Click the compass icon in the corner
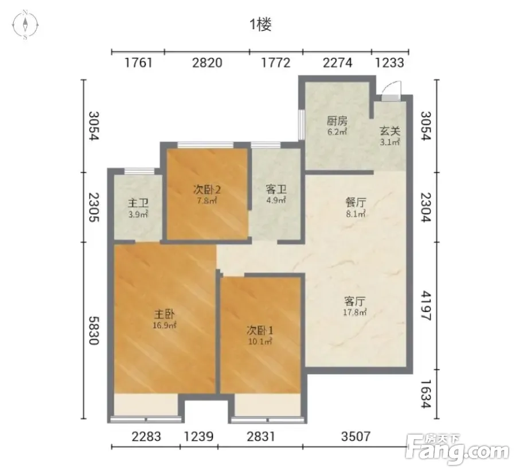tap(25, 25)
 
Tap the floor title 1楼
tap(260, 25)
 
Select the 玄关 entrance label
tap(390, 131)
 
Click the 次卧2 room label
tap(207, 190)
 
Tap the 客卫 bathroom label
tap(276, 189)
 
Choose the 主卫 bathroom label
tap(138, 203)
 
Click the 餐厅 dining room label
tap(356, 202)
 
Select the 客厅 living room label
tap(355, 301)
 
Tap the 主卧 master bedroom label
tap(165, 314)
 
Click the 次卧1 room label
tap(260, 330)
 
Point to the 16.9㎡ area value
tap(165, 325)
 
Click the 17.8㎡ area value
tap(355, 312)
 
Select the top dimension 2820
tap(207, 63)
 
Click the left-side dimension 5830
tap(94, 330)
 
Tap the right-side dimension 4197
tap(426, 306)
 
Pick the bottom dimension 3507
tap(356, 437)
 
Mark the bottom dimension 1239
tap(199, 437)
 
